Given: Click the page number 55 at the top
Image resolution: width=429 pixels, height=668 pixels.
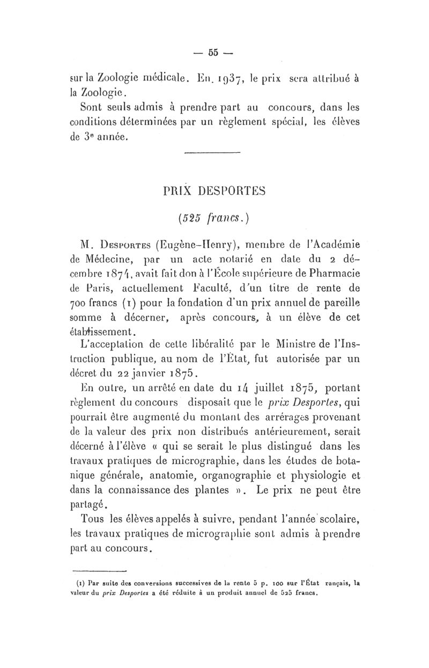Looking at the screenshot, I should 214,53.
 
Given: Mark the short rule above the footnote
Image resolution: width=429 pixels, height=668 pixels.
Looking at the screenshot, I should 98,571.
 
